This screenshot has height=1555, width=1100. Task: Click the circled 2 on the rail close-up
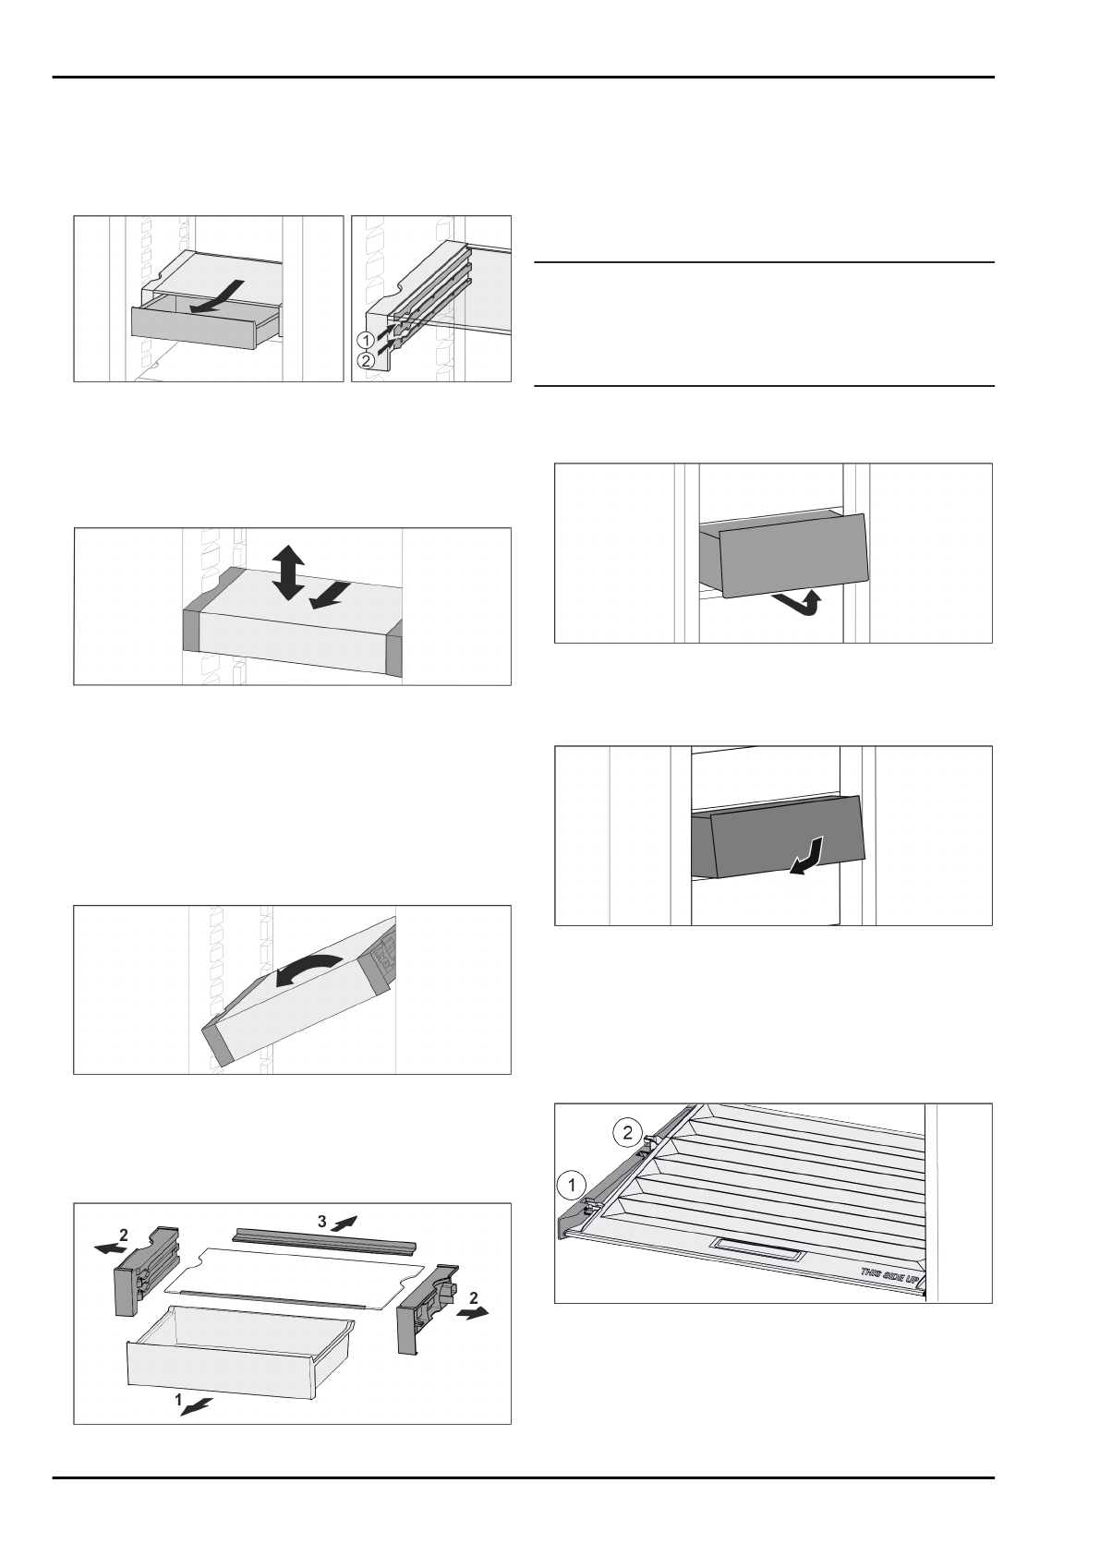pos(367,361)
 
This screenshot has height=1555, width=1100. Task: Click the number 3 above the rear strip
pos(321,1221)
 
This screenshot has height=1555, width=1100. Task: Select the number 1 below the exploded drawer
pos(178,1400)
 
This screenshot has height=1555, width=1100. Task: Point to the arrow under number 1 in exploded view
pos(198,1405)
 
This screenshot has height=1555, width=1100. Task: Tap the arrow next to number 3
pos(344,1223)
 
